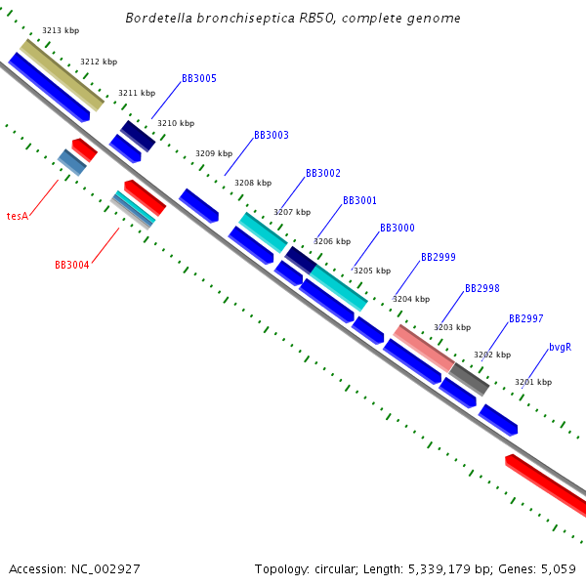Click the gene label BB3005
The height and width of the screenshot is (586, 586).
199,78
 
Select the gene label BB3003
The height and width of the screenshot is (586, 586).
272,135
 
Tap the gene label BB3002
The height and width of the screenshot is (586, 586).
323,173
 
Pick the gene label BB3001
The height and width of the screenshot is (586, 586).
359,200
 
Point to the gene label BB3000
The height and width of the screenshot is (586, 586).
397,228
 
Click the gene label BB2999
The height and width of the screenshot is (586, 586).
439,257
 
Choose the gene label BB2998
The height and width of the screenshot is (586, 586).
482,288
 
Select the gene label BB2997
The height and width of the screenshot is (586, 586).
526,318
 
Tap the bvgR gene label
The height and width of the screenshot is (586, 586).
560,347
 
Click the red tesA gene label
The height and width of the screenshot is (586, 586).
17,216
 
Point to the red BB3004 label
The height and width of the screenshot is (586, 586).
72,265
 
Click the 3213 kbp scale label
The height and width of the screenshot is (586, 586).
61,31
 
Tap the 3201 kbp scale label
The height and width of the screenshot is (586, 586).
533,382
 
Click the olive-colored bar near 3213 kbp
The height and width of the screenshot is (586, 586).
62,75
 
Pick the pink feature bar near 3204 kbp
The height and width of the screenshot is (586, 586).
423,348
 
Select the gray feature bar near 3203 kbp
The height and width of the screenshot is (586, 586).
469,379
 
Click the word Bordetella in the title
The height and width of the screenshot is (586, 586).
160,19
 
